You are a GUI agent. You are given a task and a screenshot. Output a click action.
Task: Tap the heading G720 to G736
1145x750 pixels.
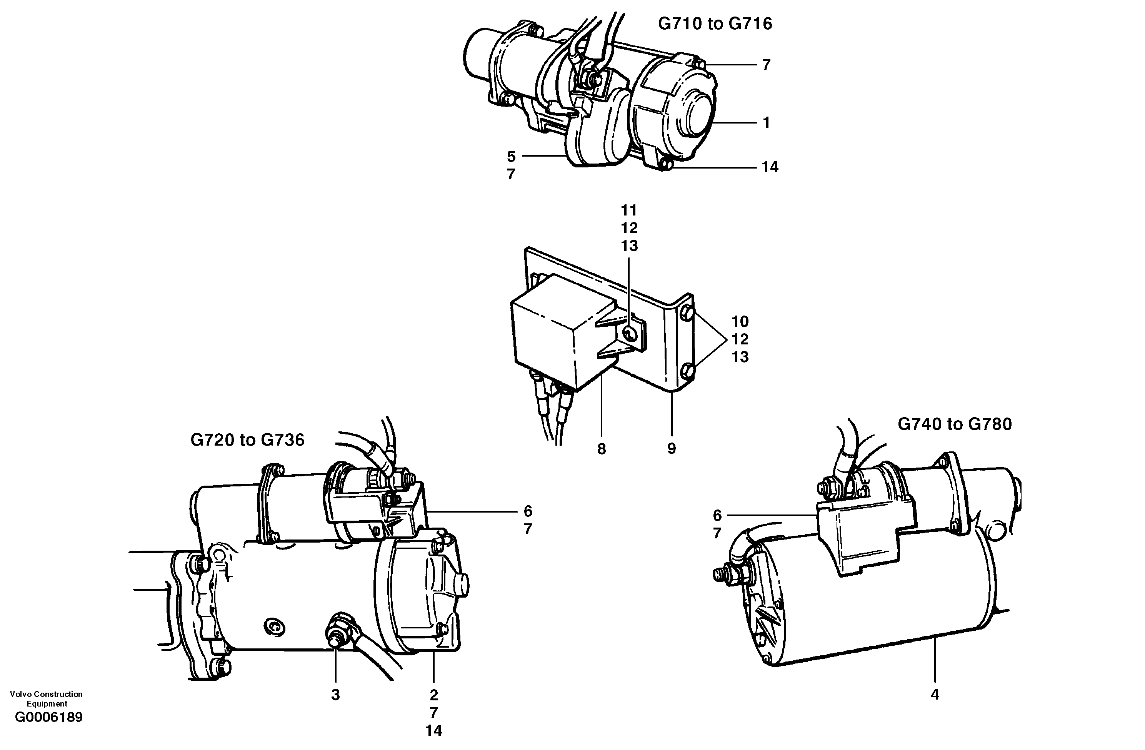coord(247,440)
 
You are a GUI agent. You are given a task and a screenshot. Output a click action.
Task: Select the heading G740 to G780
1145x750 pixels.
coord(955,424)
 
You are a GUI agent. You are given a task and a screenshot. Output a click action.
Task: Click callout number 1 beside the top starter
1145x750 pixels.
coord(767,123)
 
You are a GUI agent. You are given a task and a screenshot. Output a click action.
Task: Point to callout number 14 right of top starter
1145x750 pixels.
coord(770,167)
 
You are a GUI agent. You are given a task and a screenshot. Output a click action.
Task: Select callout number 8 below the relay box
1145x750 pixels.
coord(602,449)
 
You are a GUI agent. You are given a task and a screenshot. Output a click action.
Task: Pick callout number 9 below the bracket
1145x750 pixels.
coord(672,449)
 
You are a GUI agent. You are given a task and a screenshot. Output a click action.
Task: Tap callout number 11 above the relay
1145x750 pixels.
coord(629,210)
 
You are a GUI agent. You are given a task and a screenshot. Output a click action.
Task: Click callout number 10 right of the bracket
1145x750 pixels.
coord(740,321)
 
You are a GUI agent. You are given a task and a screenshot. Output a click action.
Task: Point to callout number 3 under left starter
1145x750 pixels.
coord(335,695)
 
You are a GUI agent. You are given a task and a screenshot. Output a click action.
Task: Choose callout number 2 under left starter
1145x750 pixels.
coord(433,695)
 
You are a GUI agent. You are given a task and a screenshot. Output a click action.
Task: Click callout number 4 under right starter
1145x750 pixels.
coord(935,694)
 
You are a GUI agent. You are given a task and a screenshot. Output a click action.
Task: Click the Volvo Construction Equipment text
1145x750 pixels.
coord(46,698)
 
